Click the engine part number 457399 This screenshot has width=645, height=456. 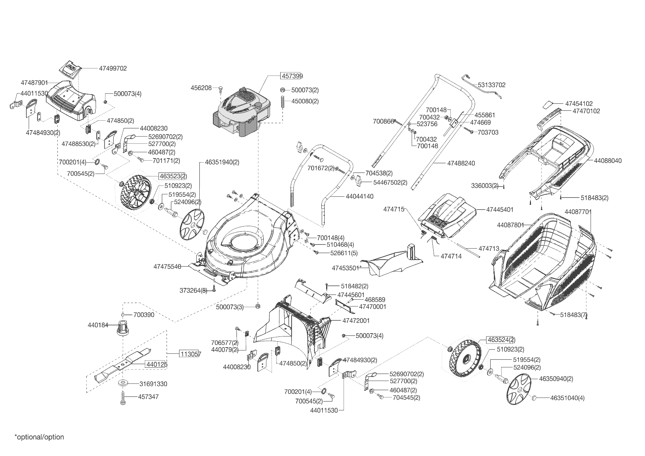pyautogui.click(x=292, y=76)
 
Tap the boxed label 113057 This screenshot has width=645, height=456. pyautogui.click(x=190, y=354)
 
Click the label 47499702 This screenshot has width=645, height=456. pyautogui.click(x=113, y=68)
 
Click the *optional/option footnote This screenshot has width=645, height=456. pyautogui.click(x=39, y=437)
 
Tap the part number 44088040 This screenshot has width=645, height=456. pyautogui.click(x=607, y=161)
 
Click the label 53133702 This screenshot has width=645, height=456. pyautogui.click(x=492, y=85)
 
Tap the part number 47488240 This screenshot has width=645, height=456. pyautogui.click(x=461, y=163)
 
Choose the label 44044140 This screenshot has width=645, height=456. pyautogui.click(x=359, y=196)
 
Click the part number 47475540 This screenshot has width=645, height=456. pyautogui.click(x=167, y=266)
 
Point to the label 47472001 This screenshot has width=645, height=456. pyautogui.click(x=356, y=321)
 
